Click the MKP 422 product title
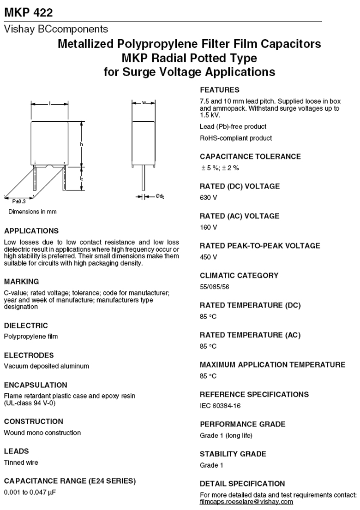pyautogui.click(x=28, y=12)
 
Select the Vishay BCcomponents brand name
pyautogui.click(x=56, y=30)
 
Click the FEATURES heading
pyautogui.click(x=220, y=90)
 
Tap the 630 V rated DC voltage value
pyautogui.click(x=208, y=198)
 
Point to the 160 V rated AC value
pyautogui.click(x=208, y=227)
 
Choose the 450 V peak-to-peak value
pyautogui.click(x=208, y=257)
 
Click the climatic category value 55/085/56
pyautogui.click(x=214, y=287)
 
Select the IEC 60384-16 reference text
pyautogui.click(x=220, y=406)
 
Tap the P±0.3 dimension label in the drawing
pyautogui.click(x=19, y=202)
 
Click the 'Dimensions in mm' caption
pyautogui.click(x=32, y=212)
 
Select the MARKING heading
pyautogui.click(x=21, y=281)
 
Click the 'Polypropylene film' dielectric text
pyautogui.click(x=31, y=337)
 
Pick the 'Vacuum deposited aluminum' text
pyautogui.click(x=46, y=366)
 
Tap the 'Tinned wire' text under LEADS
pyautogui.click(x=21, y=463)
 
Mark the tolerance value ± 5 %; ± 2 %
pyautogui.click(x=220, y=168)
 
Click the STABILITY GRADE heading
pyautogui.click(x=233, y=454)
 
